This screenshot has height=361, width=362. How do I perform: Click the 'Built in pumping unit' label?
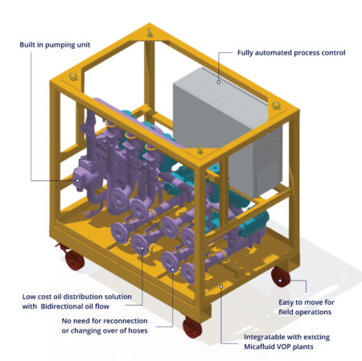click(55, 45)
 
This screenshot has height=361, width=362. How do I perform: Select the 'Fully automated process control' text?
click(291, 53)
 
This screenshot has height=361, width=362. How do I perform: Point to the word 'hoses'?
click(138, 330)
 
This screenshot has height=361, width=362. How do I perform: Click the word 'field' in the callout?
click(286, 312)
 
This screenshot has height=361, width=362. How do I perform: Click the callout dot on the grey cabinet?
click(219, 82)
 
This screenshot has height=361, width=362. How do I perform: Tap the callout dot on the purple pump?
click(77, 181)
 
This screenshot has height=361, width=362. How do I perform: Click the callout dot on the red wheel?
click(280, 281)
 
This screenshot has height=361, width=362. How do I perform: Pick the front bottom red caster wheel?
click(192, 327)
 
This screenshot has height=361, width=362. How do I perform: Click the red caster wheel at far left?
click(74, 259)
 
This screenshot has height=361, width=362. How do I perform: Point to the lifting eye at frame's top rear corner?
click(150, 32)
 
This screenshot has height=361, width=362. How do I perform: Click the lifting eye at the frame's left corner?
click(73, 76)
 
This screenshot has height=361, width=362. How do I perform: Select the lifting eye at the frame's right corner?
click(276, 105)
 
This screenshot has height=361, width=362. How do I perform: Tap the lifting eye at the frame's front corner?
click(200, 150)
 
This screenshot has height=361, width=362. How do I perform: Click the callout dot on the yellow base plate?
click(221, 286)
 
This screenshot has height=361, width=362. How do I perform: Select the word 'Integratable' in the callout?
click(262, 337)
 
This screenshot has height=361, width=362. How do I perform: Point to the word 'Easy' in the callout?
click(286, 302)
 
